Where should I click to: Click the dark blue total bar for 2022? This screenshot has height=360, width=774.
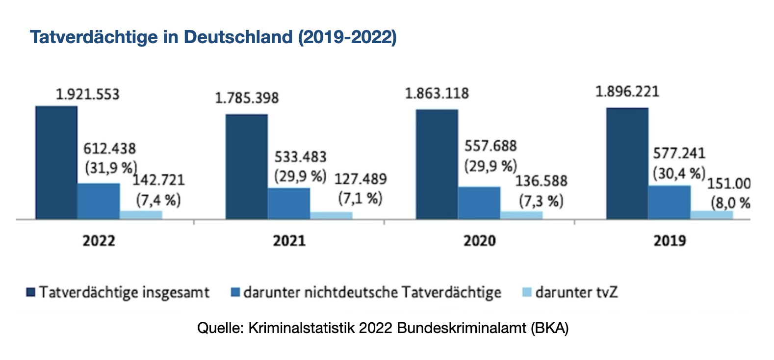click(56, 162)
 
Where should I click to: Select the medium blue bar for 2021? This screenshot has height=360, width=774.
click(289, 203)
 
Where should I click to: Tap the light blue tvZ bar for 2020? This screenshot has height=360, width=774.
click(521, 215)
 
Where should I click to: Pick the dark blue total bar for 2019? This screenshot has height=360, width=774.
click(627, 163)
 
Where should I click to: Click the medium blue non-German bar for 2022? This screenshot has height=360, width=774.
click(99, 201)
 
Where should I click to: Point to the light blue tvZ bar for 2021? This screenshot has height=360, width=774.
click(331, 215)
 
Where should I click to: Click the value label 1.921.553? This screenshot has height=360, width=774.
click(88, 94)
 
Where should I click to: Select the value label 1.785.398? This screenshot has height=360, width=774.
click(247, 98)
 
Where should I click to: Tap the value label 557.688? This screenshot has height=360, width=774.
click(490, 146)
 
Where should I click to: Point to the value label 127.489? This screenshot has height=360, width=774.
click(361, 179)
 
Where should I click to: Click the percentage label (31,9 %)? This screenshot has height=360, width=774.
click(111, 168)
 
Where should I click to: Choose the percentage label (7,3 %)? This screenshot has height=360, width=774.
click(541, 201)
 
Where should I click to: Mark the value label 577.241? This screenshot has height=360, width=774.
click(679, 154)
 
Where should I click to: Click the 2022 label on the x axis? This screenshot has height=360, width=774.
click(99, 241)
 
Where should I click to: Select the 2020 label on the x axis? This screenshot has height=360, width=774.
click(480, 241)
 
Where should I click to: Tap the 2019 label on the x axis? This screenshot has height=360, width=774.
click(670, 241)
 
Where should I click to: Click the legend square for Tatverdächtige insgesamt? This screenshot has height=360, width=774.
click(31, 292)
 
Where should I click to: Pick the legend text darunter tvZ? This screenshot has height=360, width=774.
click(576, 292)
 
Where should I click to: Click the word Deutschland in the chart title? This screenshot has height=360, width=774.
click(238, 37)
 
